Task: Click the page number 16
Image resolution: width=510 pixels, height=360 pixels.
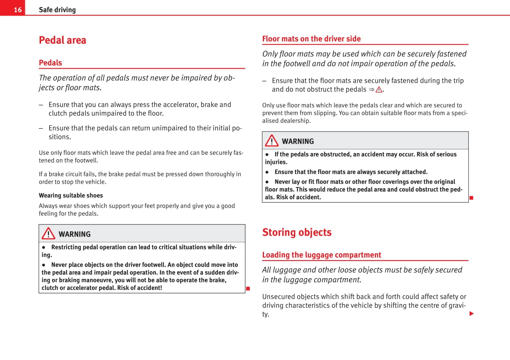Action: point(18,10)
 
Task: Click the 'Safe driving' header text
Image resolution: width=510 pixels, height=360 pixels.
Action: point(57,10)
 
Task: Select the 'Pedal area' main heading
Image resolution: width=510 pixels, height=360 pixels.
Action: point(62,40)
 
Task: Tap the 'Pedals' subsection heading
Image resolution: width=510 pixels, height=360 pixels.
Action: point(50,63)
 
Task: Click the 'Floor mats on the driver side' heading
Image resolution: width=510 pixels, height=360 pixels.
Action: point(311,39)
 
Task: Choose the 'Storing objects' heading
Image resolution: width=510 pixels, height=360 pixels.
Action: point(297,232)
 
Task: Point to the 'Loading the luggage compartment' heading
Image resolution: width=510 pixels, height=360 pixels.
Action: point(321,255)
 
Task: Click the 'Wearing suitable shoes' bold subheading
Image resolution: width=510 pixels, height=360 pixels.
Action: point(71,195)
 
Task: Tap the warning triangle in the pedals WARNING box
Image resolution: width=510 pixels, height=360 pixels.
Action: point(48,234)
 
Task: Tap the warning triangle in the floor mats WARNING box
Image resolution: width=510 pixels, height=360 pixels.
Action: point(272,141)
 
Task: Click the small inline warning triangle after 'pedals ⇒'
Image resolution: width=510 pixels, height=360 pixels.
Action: point(379,90)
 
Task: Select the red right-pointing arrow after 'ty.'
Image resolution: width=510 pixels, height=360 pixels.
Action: point(472,314)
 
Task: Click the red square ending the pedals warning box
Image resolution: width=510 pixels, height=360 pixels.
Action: point(248,288)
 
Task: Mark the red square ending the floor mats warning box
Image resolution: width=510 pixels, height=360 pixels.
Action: point(471,198)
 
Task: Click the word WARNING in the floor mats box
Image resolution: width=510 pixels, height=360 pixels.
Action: point(298,141)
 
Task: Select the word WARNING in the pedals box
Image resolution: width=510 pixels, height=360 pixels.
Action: point(75,234)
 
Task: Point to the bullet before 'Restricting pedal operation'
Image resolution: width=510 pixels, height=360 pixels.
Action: point(44,247)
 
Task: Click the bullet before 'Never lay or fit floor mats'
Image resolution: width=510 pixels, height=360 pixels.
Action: point(267,182)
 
